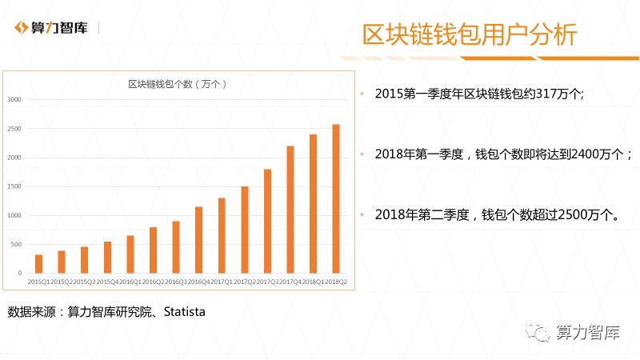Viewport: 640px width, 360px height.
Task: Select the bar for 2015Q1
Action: tap(38, 264)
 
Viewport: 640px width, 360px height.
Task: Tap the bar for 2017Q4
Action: tap(290, 210)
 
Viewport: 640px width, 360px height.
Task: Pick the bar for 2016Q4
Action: tap(198, 240)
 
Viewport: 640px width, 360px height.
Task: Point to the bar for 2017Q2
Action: tap(245, 230)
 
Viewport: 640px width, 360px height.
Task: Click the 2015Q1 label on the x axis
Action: tap(38, 282)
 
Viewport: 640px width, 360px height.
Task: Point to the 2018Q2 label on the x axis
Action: tap(336, 282)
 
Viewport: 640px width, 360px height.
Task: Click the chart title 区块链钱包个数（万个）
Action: tap(178, 84)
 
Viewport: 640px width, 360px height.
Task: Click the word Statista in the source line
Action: tap(184, 311)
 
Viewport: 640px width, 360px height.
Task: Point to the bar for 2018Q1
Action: tap(314, 204)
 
